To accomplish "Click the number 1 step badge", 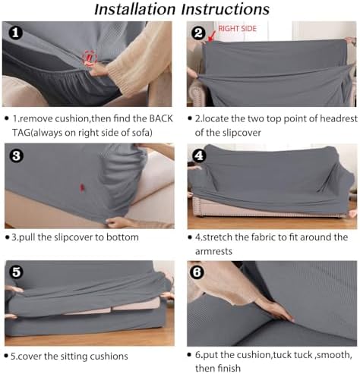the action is pos(15,33).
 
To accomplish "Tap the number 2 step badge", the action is pos(198,33).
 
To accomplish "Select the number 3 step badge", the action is pos(17,155).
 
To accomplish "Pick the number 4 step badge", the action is pos(199,155).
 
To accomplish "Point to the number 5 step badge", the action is pos(17,272).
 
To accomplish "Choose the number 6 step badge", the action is pos(197,272).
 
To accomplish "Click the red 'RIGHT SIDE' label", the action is pos(237,29).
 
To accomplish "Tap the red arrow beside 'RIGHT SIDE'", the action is pos(212,36).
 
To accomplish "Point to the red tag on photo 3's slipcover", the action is pos(82,187).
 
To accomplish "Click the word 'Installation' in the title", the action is pos(134,9).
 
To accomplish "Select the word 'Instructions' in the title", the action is pos(226,9).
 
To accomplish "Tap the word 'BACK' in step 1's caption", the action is pos(161,118).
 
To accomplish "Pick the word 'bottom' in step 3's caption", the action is pos(122,237).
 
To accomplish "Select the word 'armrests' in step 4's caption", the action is pos(213,251).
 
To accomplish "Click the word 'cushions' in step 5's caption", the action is pos(109,356).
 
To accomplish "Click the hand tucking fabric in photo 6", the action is pos(275,310).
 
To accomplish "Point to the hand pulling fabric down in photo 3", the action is pos(119,222).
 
